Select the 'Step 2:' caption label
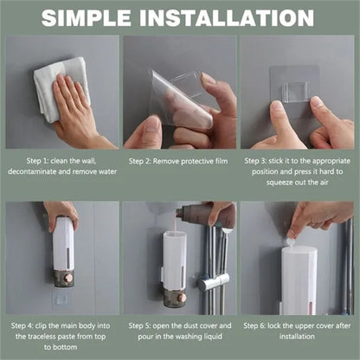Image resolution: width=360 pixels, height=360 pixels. pyautogui.click(x=145, y=160)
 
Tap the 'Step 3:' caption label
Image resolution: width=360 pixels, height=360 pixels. pyautogui.click(x=260, y=160)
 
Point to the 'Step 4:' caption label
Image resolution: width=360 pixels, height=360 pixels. pyautogui.click(x=27, y=325)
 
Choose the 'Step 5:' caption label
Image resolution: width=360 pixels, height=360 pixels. pyautogui.click(x=144, y=325)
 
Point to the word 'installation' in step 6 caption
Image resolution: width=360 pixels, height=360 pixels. pyautogui.click(x=296, y=337)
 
